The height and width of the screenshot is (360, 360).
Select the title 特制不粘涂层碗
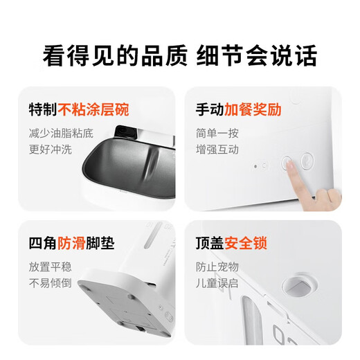(79, 110)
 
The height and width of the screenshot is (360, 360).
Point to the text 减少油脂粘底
(60, 132)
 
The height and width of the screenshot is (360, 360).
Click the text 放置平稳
(49, 266)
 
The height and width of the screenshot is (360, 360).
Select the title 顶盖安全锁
(231, 244)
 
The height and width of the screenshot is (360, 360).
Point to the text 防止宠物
(215, 266)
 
